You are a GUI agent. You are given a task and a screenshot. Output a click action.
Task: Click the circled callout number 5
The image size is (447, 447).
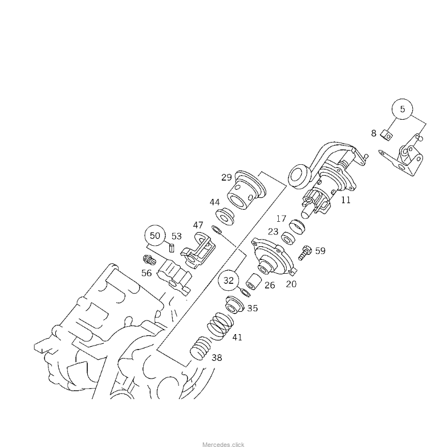pos(403,109)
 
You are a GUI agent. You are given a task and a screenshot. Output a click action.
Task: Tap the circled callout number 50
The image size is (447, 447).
pos(155,236)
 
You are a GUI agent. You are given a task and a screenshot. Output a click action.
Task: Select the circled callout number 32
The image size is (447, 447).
pos(228,281)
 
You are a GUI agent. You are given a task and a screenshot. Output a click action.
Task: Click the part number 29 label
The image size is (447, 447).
pos(227,177)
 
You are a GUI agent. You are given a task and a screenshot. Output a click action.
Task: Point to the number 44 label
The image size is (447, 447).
pos(214,202)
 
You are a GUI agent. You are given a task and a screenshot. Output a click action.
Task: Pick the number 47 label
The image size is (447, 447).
pos(198,225)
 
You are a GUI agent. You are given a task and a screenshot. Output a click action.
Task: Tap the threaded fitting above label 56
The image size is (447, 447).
pos(149,259)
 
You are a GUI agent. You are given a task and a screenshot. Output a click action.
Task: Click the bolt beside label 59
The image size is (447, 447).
pos(304,252)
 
